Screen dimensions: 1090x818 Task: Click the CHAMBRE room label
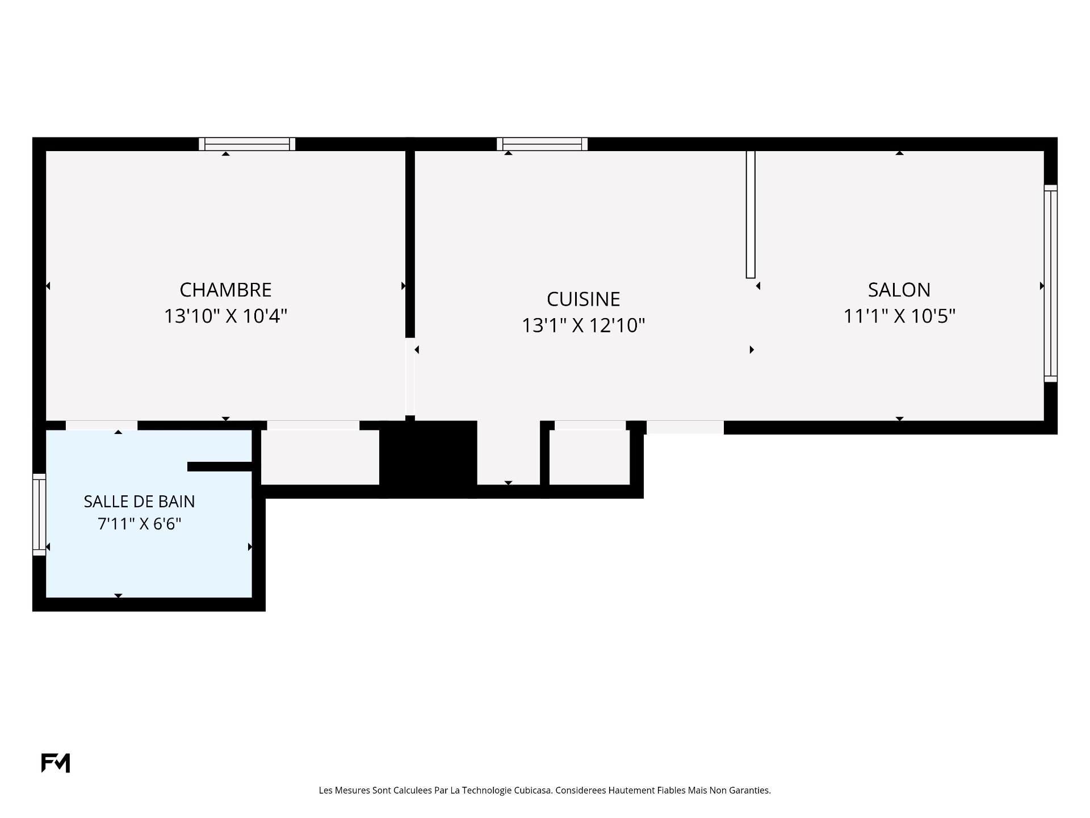(x=225, y=290)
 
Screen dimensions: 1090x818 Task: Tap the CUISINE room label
(x=583, y=299)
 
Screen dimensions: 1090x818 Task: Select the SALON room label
(x=899, y=290)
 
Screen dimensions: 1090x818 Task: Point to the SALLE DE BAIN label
(x=139, y=502)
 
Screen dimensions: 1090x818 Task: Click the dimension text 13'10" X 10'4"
(x=225, y=316)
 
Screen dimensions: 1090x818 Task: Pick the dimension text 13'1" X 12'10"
(x=583, y=325)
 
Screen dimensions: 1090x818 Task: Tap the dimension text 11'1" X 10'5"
(x=899, y=316)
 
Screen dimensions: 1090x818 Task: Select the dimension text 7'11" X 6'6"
(x=139, y=524)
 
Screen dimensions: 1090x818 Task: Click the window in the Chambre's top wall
(x=247, y=144)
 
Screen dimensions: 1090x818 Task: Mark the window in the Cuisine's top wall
(x=542, y=144)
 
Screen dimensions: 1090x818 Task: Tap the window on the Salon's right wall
(x=1051, y=283)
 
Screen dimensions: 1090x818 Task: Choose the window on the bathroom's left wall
(x=39, y=515)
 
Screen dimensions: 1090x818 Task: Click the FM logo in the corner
(x=56, y=763)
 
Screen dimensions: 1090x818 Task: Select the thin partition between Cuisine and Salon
(x=751, y=214)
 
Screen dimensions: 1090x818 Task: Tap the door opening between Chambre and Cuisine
(x=410, y=377)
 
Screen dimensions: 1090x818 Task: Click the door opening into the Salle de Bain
(x=102, y=425)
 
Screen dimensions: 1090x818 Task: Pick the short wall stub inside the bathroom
(x=220, y=467)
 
